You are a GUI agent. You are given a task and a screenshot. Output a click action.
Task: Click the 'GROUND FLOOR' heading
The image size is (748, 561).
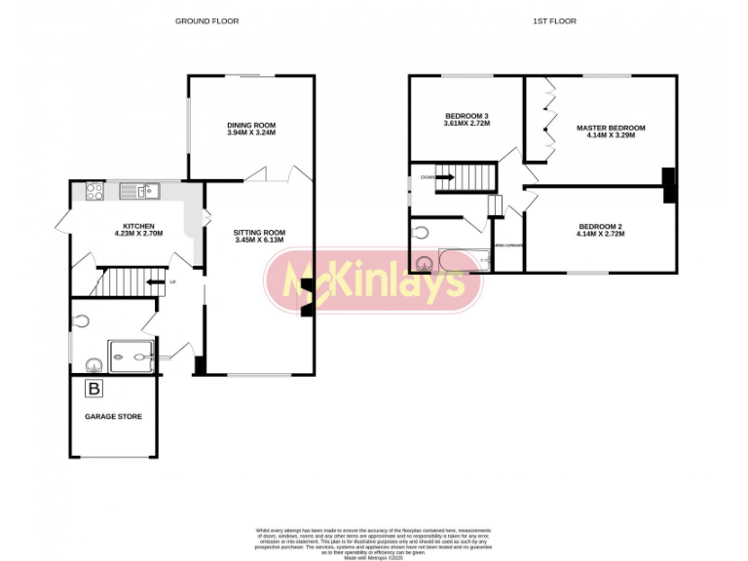coord(206,20)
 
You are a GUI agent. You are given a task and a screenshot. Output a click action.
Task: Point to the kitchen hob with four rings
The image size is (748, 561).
coord(95,192)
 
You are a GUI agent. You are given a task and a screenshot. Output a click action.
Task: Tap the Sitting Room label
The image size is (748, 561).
coord(259,232)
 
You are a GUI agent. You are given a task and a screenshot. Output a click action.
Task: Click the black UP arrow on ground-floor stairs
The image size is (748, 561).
coord(154,282)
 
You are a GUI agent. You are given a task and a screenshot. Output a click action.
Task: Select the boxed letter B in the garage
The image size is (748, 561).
coord(93,390)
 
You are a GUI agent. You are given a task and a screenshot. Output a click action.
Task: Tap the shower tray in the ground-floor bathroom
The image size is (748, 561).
coord(132,356)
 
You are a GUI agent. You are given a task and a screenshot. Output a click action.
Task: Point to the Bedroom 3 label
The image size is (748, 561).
coord(467,116)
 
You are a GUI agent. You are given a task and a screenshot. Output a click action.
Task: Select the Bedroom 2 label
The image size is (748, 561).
coord(599,226)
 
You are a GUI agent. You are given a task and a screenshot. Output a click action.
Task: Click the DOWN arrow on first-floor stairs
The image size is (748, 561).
coord(444,177)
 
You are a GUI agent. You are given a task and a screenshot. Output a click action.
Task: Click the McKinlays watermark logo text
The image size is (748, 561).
coord(374,281)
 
